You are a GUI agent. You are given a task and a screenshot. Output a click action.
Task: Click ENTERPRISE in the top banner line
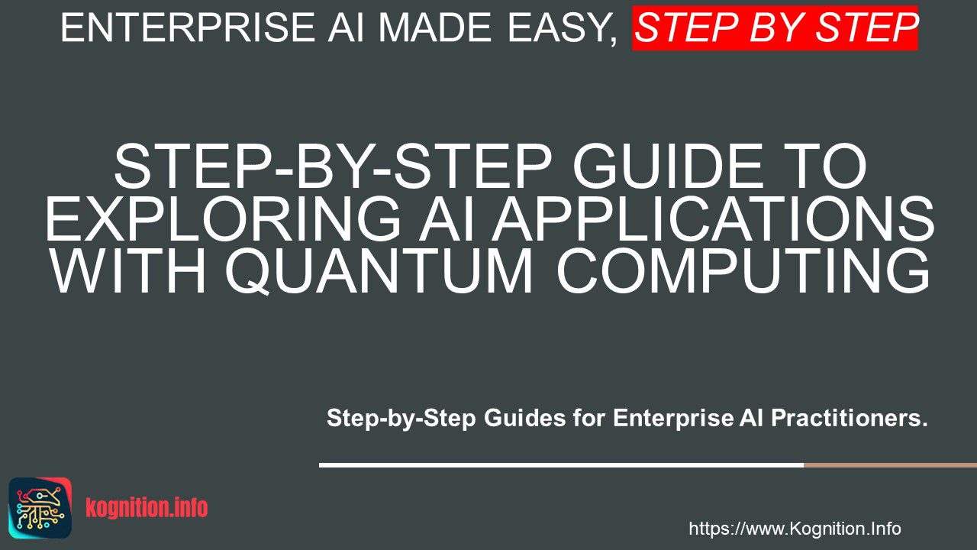(x=188, y=27)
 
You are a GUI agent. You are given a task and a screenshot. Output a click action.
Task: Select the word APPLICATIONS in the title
(x=713, y=218)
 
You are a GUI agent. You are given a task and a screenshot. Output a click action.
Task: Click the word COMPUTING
(x=744, y=270)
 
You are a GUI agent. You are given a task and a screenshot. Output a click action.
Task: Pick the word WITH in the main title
(x=128, y=270)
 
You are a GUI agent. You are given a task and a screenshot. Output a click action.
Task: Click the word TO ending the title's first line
(x=821, y=167)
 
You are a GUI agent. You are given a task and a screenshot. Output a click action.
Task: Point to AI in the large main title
(x=446, y=218)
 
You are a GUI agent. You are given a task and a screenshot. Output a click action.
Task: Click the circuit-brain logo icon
(x=40, y=508)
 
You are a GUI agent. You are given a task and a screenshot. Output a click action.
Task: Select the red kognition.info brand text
(x=147, y=508)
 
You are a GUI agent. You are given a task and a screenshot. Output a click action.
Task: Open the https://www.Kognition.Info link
(x=795, y=529)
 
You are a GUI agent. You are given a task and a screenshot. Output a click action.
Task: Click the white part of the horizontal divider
(x=561, y=465)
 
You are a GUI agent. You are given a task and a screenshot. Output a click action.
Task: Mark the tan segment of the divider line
(x=890, y=465)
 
